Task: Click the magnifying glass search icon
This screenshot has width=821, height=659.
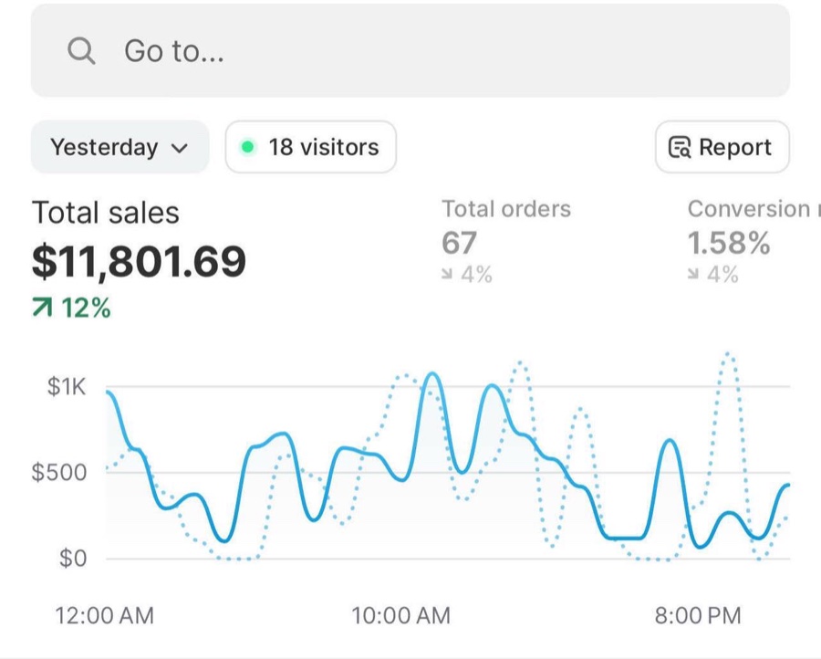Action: tap(81, 51)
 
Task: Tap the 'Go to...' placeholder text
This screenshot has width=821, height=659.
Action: tap(174, 51)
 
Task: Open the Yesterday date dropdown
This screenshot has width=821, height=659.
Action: tap(120, 147)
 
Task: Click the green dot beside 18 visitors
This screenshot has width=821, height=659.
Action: tap(247, 147)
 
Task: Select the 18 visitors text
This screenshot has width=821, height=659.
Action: tap(324, 147)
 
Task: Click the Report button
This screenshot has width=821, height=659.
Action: tap(722, 147)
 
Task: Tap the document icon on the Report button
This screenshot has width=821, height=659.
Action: tap(680, 147)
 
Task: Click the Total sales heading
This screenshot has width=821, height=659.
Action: tap(106, 213)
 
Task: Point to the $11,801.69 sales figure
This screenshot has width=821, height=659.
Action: tap(139, 261)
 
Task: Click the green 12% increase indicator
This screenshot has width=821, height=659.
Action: tap(72, 308)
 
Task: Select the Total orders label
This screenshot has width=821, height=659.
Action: tap(506, 209)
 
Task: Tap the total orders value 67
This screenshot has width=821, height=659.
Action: tap(459, 243)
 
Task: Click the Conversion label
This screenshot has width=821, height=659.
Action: tap(749, 209)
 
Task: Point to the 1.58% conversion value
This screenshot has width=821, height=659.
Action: tap(729, 243)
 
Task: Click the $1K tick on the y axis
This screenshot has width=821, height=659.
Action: tap(66, 387)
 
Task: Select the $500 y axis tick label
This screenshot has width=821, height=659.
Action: tap(58, 472)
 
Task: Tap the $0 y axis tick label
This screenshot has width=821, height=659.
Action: tap(73, 558)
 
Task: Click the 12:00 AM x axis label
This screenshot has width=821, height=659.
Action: tap(105, 615)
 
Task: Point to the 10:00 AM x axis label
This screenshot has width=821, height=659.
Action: tap(401, 615)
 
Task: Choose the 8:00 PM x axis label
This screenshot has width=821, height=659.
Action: tap(698, 615)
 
